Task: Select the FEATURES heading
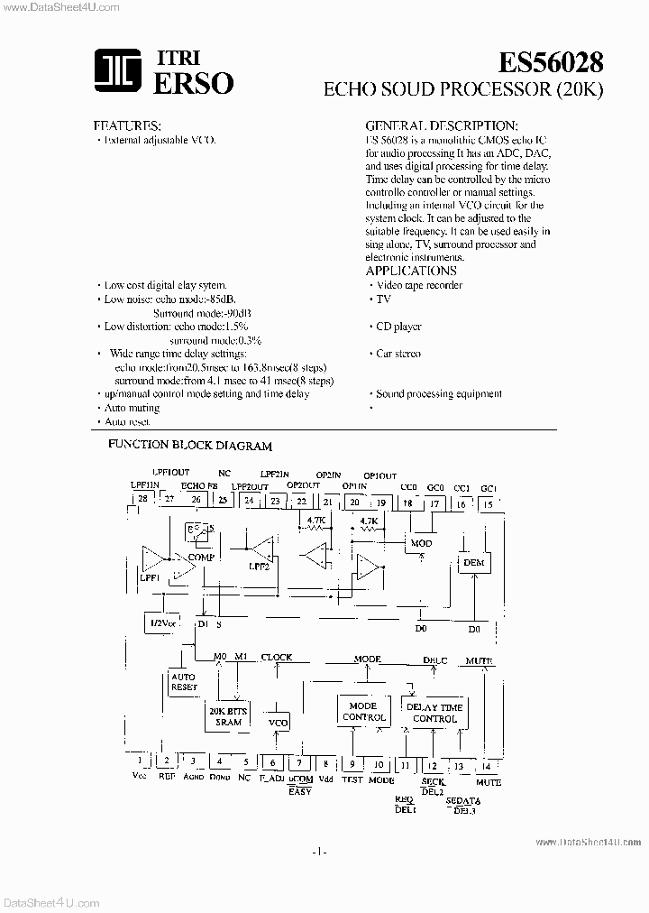click(x=127, y=125)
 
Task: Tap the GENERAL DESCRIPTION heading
click(x=441, y=125)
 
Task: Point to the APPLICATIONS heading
click(x=411, y=271)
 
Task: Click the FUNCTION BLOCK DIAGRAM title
click(x=190, y=446)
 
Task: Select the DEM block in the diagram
click(x=473, y=563)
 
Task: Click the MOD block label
click(x=421, y=544)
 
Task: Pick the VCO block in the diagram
click(x=277, y=724)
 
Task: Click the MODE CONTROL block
click(x=363, y=712)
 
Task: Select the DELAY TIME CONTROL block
click(x=434, y=713)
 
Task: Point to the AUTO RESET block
click(x=184, y=682)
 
